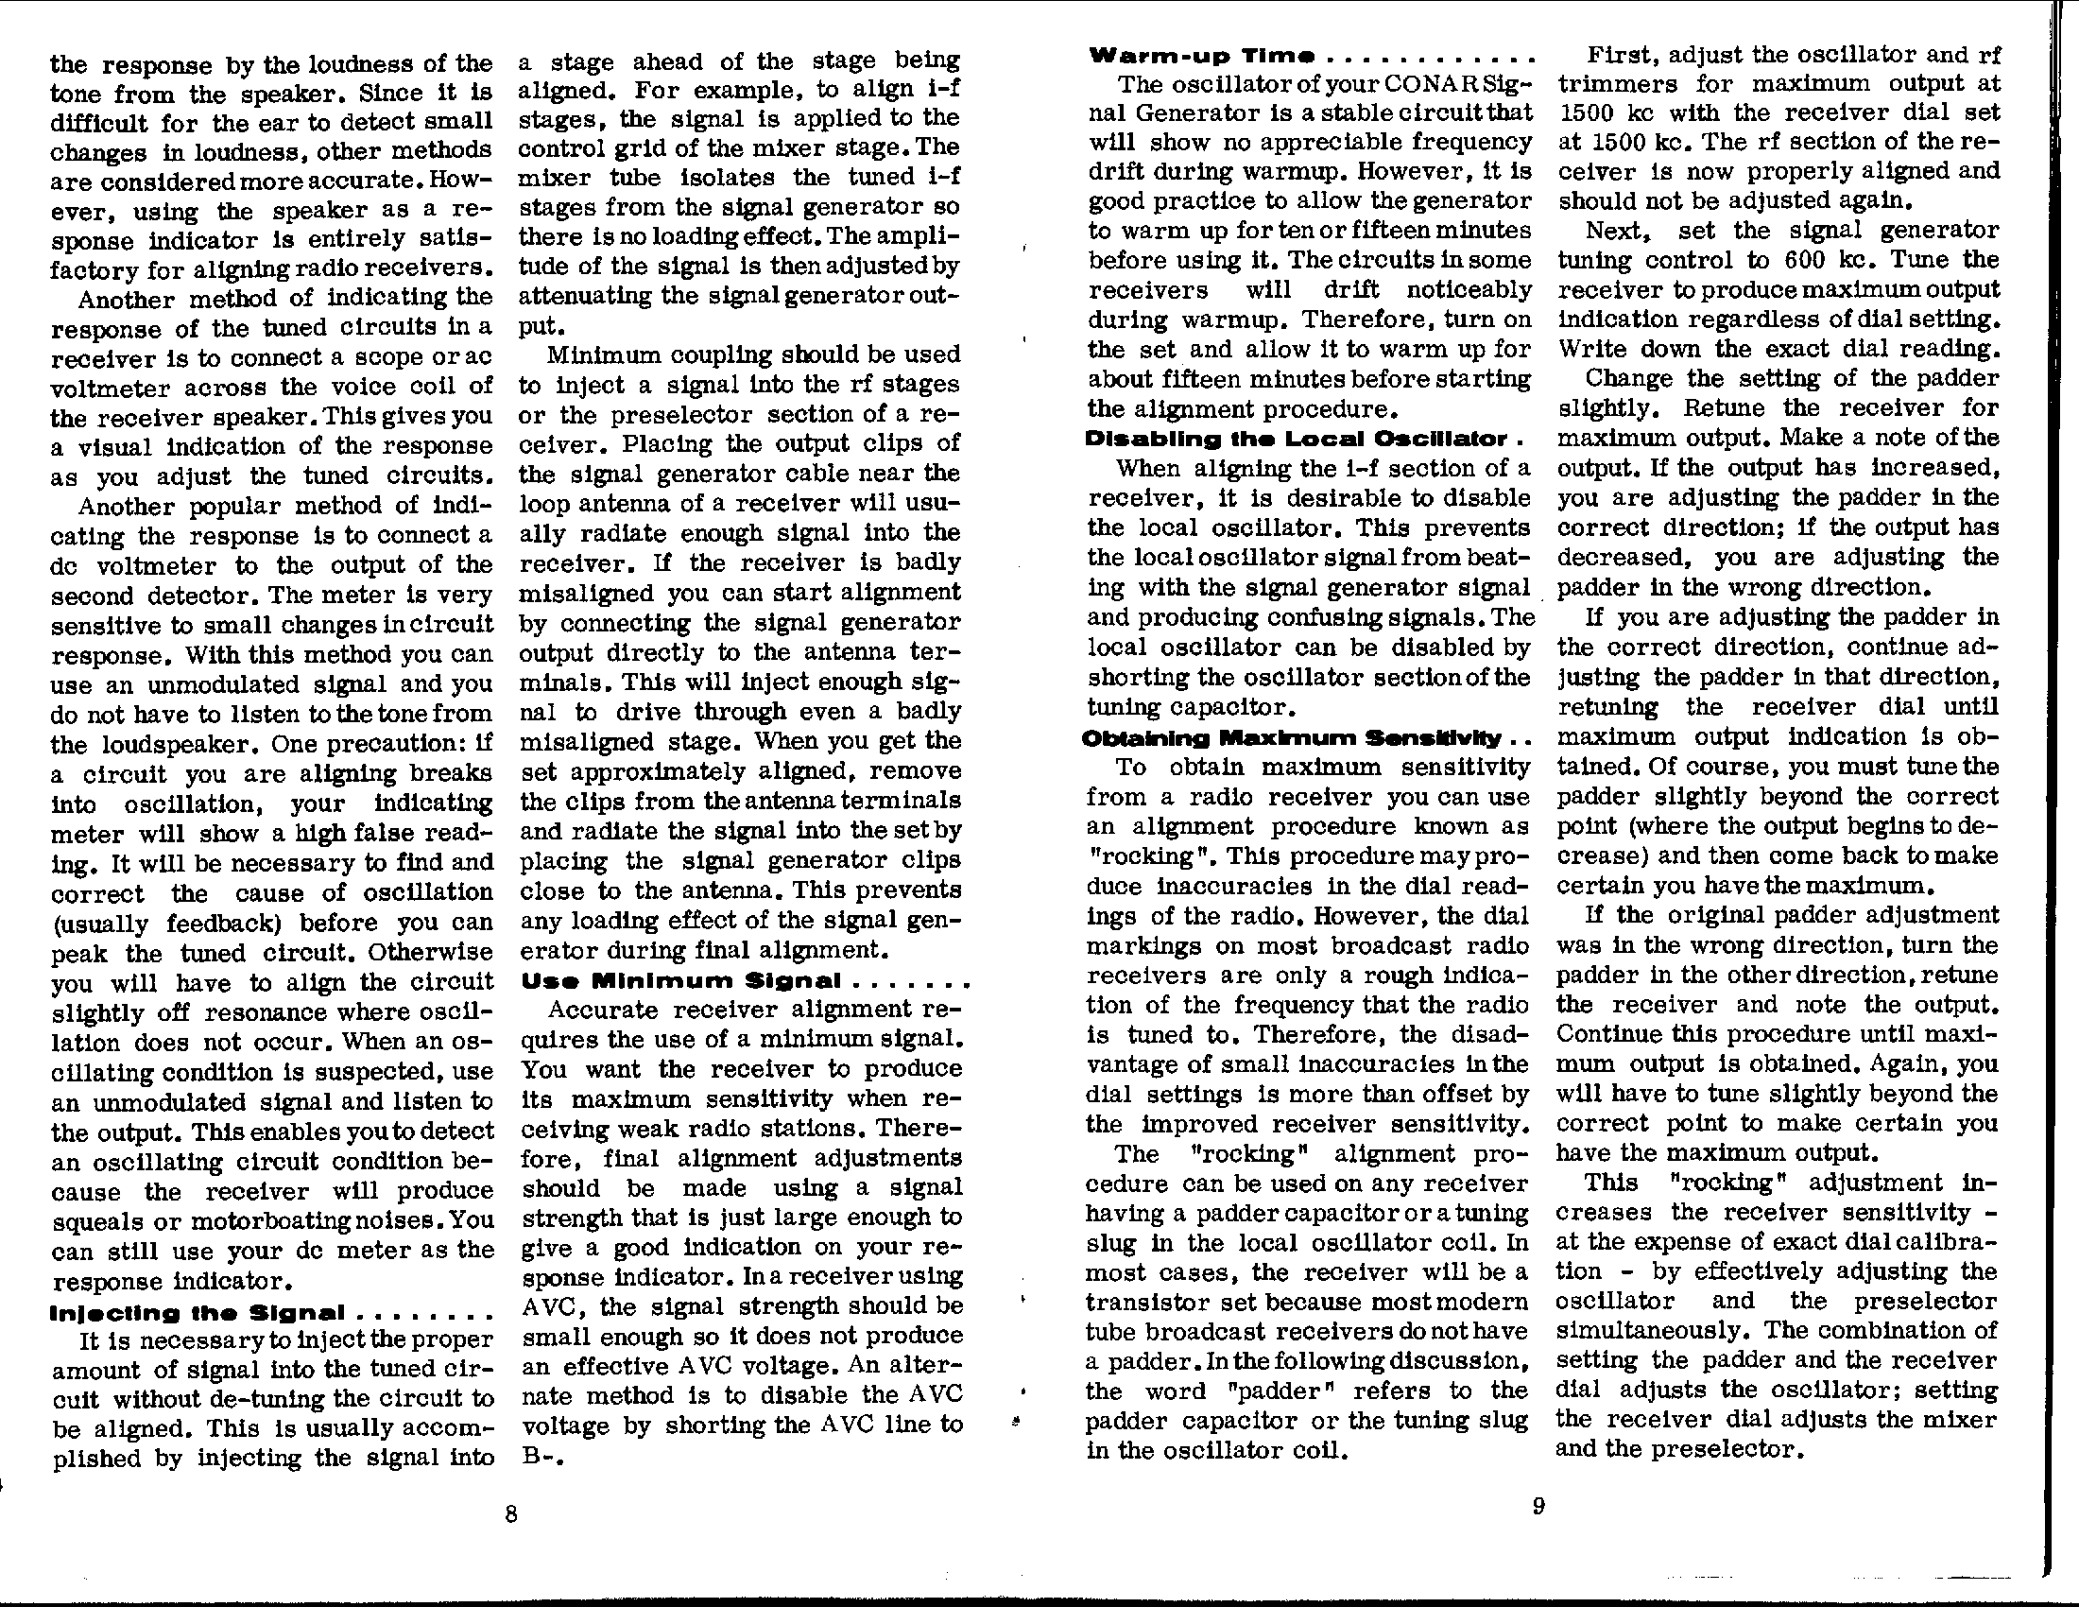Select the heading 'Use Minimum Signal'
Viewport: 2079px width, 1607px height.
[x=680, y=980]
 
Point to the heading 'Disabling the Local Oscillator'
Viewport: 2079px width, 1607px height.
[x=1297, y=440]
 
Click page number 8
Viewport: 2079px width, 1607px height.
[x=511, y=1513]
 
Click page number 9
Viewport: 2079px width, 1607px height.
[x=1538, y=1506]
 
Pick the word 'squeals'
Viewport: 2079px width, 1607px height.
[x=97, y=1221]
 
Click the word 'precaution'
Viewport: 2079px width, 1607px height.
[x=386, y=744]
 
